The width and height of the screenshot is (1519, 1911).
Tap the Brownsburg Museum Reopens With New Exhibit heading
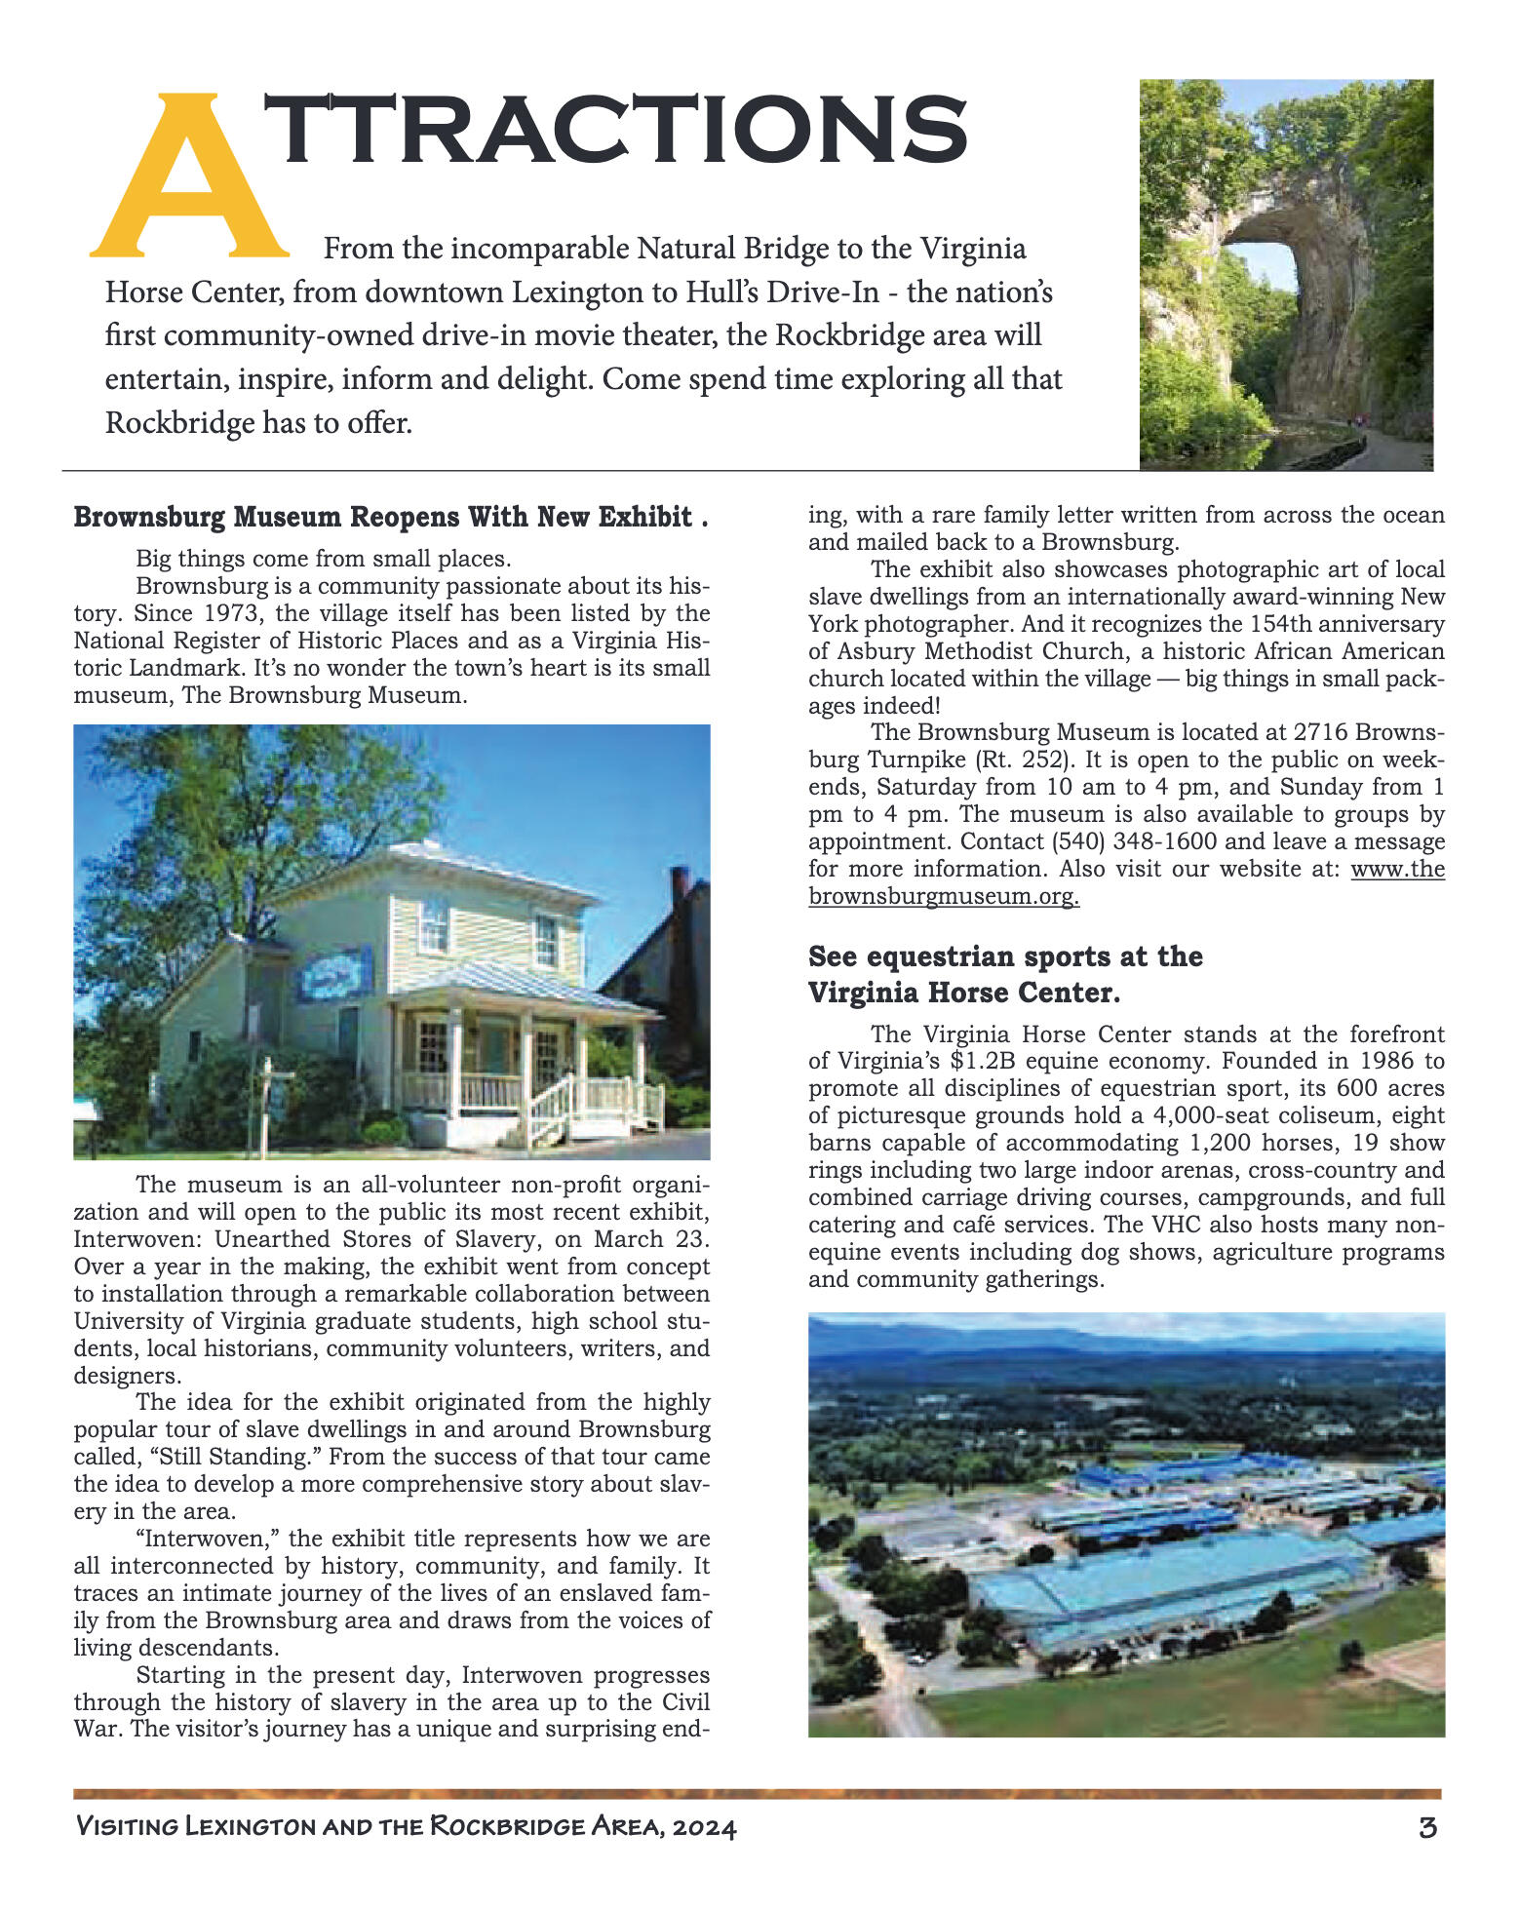pos(390,517)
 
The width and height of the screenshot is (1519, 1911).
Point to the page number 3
pos(1427,1826)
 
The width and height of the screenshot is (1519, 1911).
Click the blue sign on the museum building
pos(334,972)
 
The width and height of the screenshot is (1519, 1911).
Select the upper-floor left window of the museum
pos(434,926)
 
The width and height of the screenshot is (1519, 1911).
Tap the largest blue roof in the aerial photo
pos(1170,1579)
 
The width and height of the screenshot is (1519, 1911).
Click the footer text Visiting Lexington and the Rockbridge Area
pos(406,1826)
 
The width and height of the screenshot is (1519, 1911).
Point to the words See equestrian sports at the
pos(1005,956)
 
